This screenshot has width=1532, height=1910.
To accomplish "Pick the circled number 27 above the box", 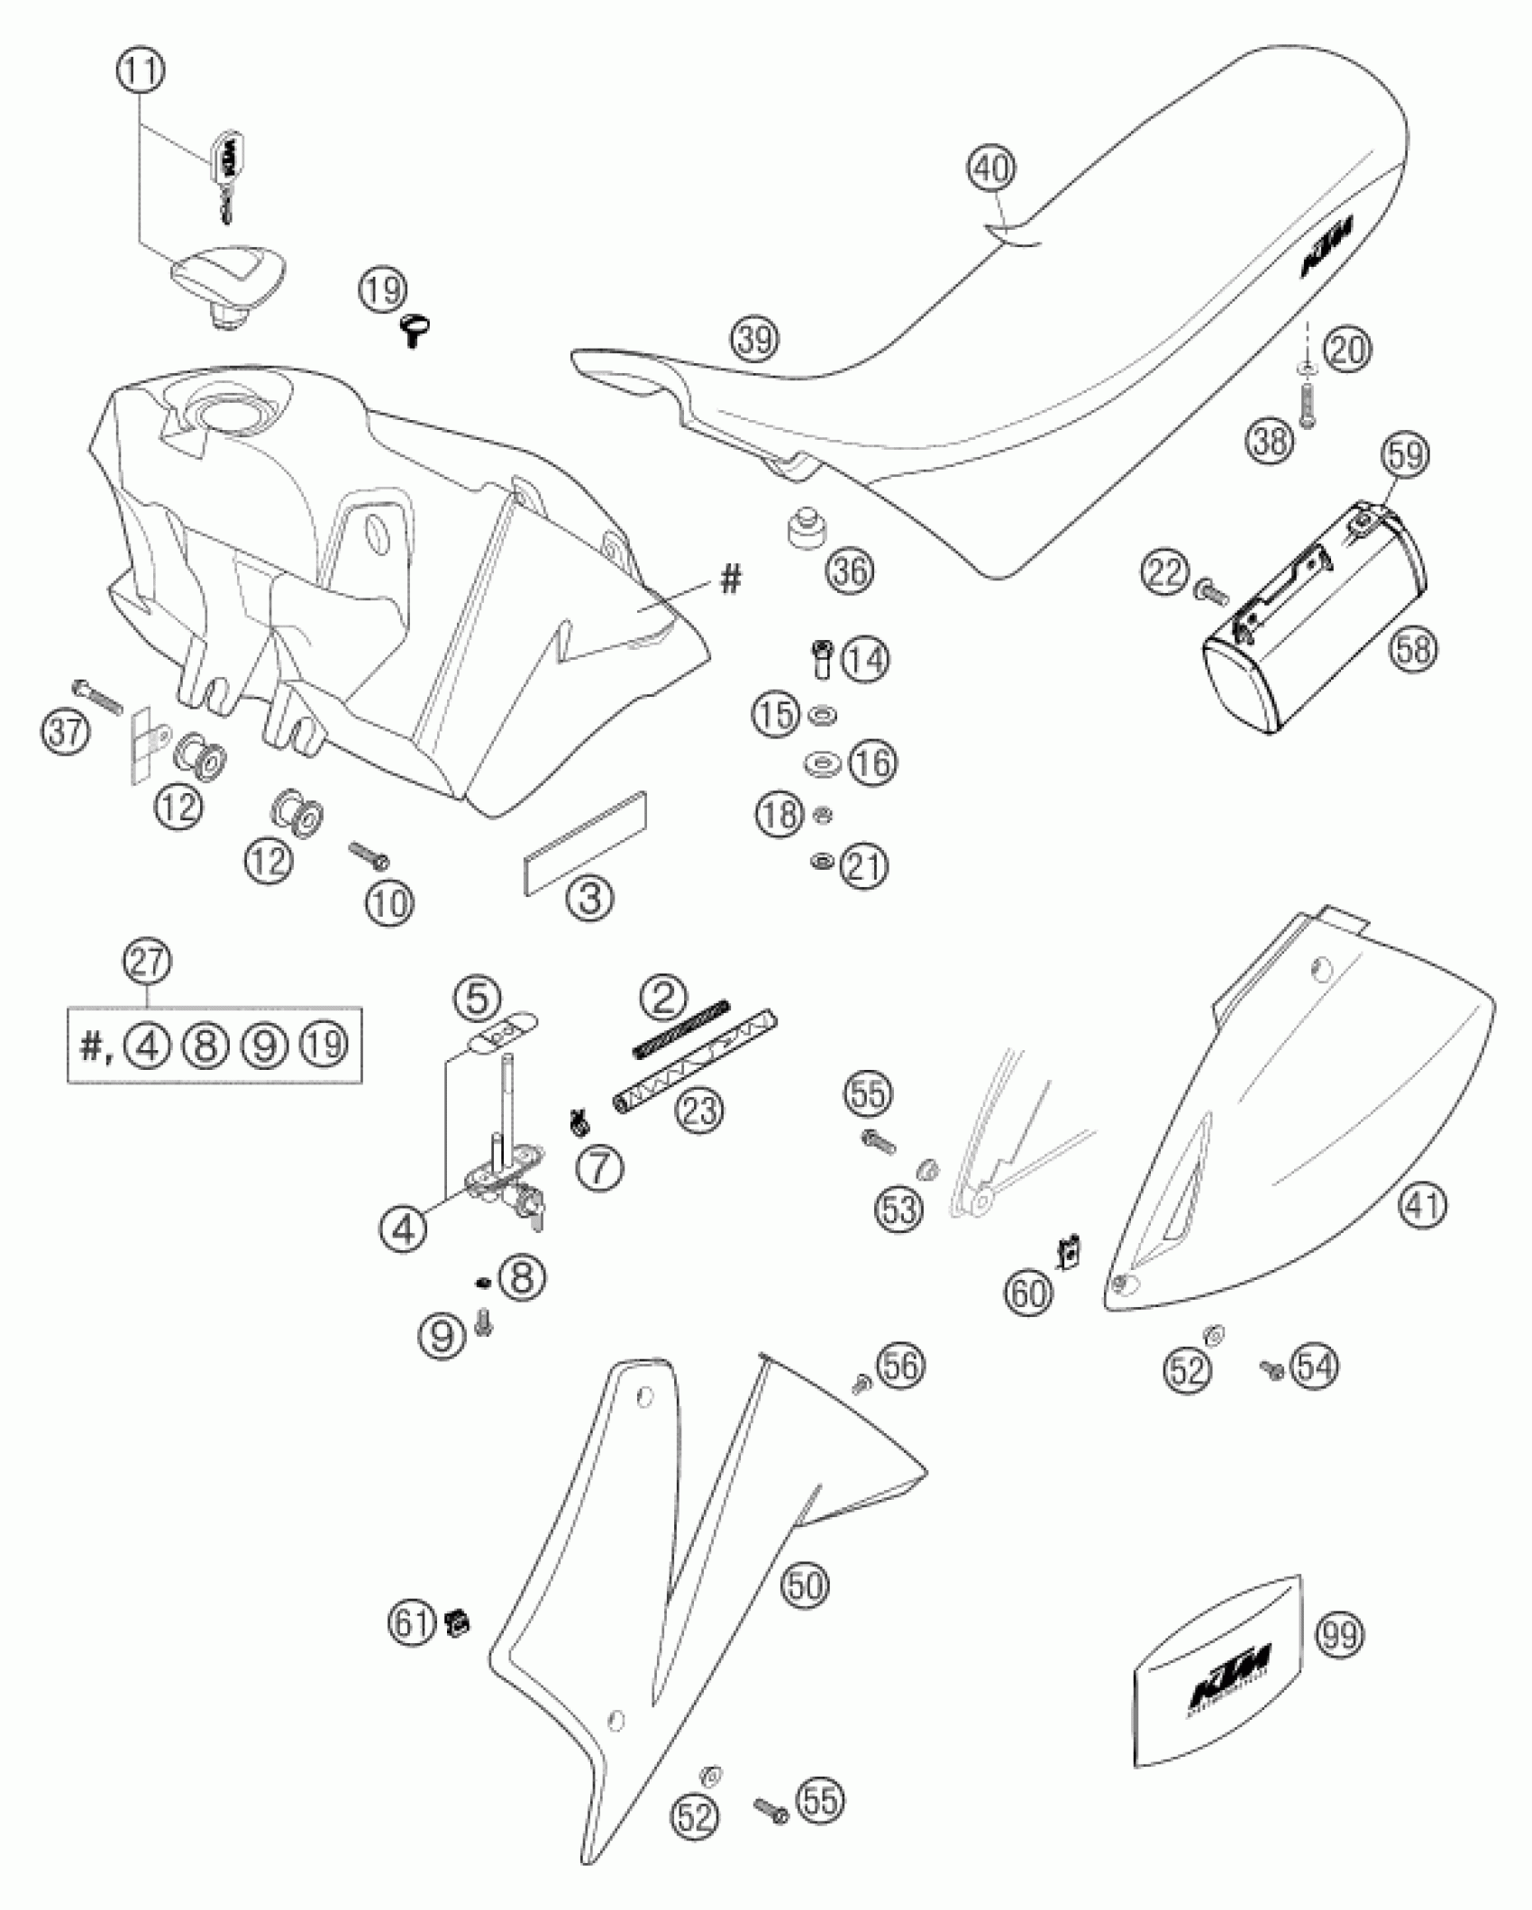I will point(149,964).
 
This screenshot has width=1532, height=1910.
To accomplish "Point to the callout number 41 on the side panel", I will point(1423,1205).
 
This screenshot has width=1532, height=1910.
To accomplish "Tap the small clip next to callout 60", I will point(1069,1252).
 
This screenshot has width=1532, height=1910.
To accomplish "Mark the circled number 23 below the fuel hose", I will point(701,1110).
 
